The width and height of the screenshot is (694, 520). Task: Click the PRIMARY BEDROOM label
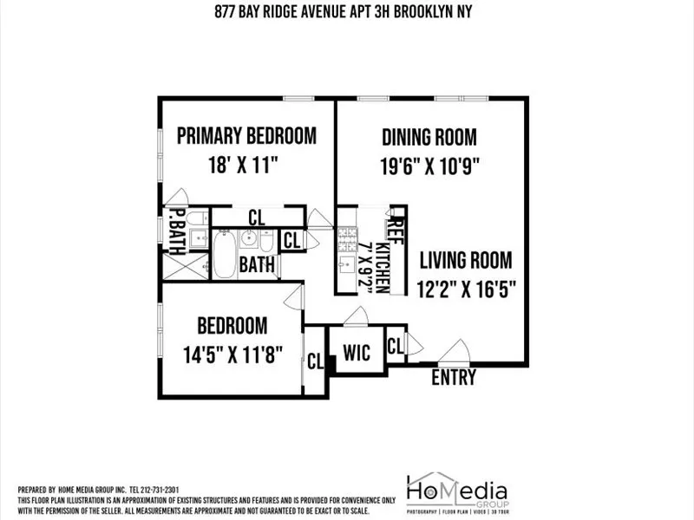(x=246, y=136)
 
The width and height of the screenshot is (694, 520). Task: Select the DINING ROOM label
(x=429, y=137)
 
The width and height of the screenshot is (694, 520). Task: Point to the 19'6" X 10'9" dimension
(x=430, y=165)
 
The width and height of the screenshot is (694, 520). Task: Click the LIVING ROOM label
(x=466, y=260)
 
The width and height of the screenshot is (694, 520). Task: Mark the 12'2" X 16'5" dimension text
(x=468, y=289)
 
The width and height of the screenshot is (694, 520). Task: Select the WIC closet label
(x=357, y=353)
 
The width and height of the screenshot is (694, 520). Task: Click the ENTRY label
(x=454, y=378)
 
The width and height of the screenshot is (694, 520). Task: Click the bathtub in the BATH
(x=225, y=253)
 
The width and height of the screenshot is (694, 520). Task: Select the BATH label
(x=258, y=264)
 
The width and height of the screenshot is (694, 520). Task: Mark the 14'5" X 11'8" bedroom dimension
(x=233, y=355)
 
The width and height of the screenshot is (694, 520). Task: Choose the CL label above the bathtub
(x=257, y=217)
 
